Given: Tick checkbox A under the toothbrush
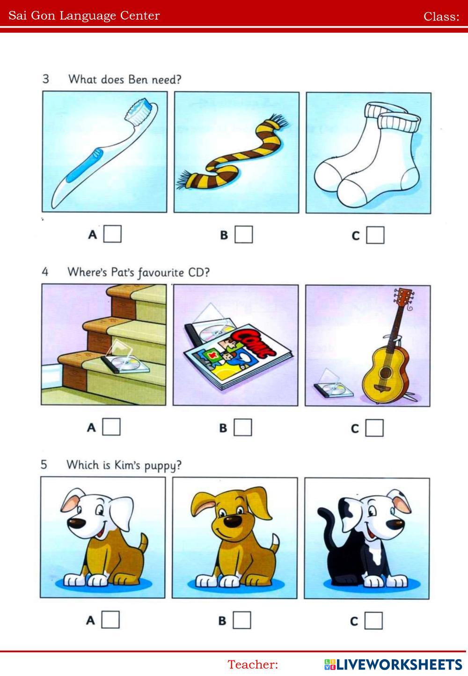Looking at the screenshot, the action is point(112,234).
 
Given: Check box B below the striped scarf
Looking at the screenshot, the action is point(243,235).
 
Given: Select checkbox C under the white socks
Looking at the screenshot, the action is point(375,235).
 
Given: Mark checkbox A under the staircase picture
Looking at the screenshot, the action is point(111,427).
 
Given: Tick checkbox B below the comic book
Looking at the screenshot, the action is point(242,427).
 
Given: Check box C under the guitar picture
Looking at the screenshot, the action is point(374,428).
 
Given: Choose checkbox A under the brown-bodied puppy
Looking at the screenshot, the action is point(110,619).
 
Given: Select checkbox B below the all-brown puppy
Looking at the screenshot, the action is point(241,620).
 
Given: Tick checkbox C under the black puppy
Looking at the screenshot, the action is point(373,621).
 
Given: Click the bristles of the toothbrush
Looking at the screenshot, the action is point(139,112).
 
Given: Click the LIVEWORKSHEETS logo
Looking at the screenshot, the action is point(394,664).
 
